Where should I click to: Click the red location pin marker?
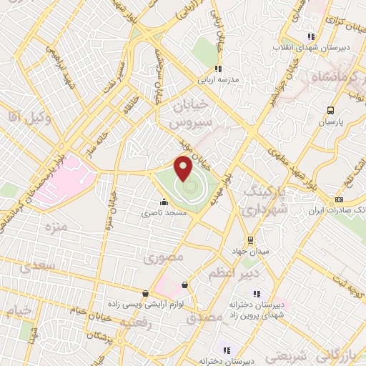184,169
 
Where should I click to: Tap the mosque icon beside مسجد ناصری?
165,202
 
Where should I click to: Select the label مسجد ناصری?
167,213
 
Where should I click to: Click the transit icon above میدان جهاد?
250,239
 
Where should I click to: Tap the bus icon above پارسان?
330,110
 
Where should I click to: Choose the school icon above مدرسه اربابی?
219,69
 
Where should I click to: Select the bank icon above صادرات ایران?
339,199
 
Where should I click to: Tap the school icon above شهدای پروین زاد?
255,293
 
